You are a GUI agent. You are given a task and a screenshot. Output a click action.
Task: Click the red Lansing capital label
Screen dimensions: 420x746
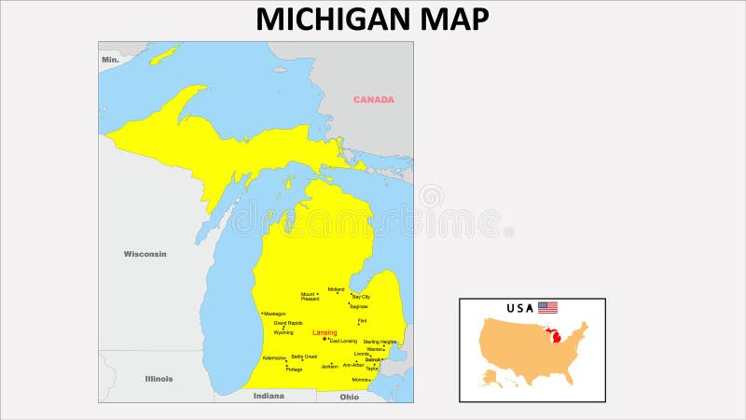(x=325, y=332)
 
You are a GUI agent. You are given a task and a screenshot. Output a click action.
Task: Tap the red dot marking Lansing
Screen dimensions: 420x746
(x=325, y=339)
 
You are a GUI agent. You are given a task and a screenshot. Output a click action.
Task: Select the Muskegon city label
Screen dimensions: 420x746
(x=275, y=314)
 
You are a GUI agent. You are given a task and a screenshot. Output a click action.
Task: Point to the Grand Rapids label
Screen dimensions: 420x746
(x=287, y=323)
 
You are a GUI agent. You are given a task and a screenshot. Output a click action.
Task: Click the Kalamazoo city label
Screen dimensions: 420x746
(x=274, y=357)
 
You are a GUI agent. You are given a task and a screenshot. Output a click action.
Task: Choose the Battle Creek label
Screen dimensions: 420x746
(x=304, y=357)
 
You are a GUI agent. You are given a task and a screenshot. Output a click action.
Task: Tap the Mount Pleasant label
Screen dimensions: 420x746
(x=309, y=297)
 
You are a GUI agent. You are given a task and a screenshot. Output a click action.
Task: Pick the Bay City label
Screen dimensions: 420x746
(x=361, y=297)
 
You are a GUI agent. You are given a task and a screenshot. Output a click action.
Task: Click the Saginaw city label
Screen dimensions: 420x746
(x=359, y=306)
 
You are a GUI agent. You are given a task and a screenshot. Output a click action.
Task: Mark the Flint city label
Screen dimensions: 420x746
(x=362, y=321)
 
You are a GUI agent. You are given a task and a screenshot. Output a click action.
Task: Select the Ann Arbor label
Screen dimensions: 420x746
(x=353, y=365)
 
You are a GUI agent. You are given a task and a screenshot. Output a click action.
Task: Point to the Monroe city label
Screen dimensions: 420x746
(x=360, y=380)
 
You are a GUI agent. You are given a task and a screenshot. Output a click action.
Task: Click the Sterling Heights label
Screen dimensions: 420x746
(x=380, y=342)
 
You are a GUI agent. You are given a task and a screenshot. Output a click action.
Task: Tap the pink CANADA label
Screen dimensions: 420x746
(x=373, y=100)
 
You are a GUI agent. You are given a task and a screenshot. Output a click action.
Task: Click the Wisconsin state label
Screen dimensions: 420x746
(x=145, y=254)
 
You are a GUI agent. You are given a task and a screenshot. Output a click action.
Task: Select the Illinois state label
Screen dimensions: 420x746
(x=159, y=379)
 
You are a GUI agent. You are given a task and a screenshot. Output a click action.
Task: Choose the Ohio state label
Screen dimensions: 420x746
(x=349, y=397)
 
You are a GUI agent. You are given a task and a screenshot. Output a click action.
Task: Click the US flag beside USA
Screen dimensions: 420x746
(x=547, y=307)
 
